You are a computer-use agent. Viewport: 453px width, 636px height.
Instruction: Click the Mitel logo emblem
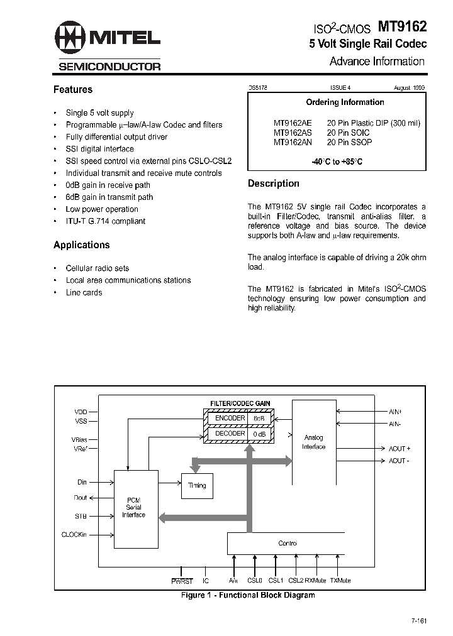pyautogui.click(x=70, y=41)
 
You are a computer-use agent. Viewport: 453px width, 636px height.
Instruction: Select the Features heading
pyautogui.click(x=73, y=90)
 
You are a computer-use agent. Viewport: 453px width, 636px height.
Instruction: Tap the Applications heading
pyautogui.click(x=82, y=245)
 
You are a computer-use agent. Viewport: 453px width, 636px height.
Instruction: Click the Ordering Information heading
pyautogui.click(x=345, y=102)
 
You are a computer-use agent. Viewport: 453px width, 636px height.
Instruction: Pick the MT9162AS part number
pyautogui.click(x=293, y=133)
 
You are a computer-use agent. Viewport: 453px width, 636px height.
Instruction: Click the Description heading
pyautogui.click(x=274, y=184)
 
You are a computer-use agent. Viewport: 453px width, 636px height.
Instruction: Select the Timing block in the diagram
pyautogui.click(x=197, y=485)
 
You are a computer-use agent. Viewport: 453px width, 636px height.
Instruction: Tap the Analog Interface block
pyautogui.click(x=313, y=442)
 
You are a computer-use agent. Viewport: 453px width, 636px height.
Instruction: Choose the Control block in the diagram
pyautogui.click(x=287, y=543)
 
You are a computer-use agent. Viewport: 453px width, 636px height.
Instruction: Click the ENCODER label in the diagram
pyautogui.click(x=230, y=418)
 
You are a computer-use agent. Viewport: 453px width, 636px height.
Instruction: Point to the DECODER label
pyautogui.click(x=230, y=434)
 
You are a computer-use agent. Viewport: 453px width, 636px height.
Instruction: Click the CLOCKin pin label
pyautogui.click(x=74, y=535)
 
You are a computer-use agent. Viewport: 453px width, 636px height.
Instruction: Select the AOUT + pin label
pyautogui.click(x=399, y=449)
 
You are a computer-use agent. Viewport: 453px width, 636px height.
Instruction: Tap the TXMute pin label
pyautogui.click(x=340, y=581)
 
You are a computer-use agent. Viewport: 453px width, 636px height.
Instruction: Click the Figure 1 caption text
pyautogui.click(x=247, y=595)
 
